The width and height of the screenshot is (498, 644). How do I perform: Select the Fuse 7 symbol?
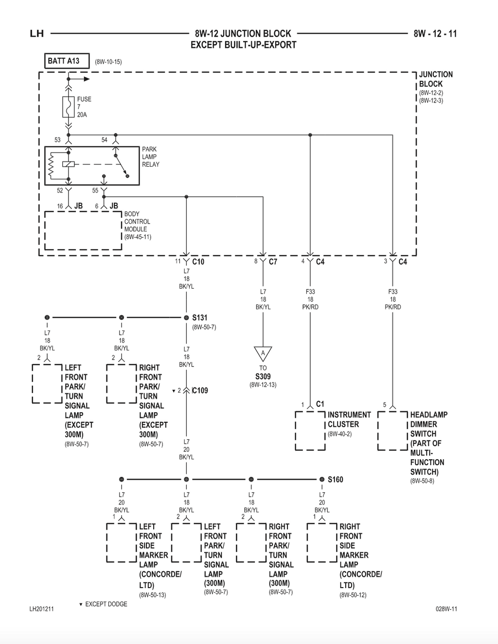[69, 107]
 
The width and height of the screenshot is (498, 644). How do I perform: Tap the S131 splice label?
[200, 318]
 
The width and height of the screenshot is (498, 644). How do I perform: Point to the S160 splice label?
[335, 480]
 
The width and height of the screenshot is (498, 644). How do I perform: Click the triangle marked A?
[263, 354]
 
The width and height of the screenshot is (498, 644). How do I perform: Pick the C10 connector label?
[198, 261]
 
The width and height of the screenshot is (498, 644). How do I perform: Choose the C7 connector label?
[273, 261]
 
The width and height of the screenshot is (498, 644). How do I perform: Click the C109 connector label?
[200, 391]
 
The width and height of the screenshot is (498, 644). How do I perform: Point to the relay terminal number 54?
[105, 140]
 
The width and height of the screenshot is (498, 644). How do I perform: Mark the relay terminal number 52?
[60, 191]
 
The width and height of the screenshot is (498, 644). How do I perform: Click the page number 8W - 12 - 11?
[435, 34]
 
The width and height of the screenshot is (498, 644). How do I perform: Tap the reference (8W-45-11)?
[138, 237]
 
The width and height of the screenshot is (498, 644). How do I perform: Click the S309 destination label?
[263, 376]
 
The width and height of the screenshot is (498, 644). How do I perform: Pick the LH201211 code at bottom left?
[41, 609]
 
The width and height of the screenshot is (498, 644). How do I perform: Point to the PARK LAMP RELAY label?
[151, 157]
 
